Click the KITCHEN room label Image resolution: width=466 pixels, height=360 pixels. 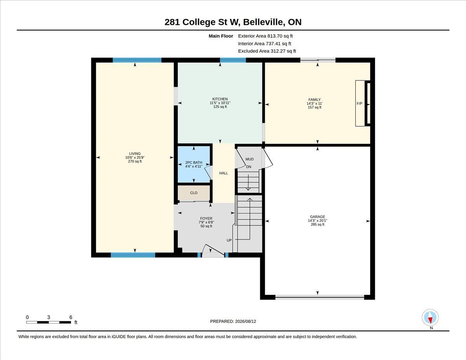tap(220, 99)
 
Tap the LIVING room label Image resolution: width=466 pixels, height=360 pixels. tap(135, 154)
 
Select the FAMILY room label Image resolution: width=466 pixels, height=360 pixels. tap(315, 100)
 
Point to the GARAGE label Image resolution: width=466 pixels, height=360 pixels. tap(317, 217)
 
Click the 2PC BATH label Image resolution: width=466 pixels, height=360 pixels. tap(194, 163)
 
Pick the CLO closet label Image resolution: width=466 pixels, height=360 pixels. tap(194, 193)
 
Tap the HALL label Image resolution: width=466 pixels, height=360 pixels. tap(223, 173)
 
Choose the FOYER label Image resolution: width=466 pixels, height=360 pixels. tap(206, 219)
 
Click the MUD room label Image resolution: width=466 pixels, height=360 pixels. tap(249, 159)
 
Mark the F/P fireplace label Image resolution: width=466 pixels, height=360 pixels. tap(360, 104)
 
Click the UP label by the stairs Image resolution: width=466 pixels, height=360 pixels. tap(229, 240)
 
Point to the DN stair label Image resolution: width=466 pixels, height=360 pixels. tap(249, 167)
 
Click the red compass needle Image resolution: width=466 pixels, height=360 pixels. tap(430, 320)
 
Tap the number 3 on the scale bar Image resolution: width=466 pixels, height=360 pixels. tap(49, 317)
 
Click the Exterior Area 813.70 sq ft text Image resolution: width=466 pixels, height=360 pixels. tap(265, 36)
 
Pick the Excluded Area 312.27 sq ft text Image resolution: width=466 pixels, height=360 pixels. tap(267, 51)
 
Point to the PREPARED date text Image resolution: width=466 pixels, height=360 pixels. tap(233, 322)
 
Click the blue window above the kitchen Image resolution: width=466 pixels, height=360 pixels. tap(233, 60)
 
